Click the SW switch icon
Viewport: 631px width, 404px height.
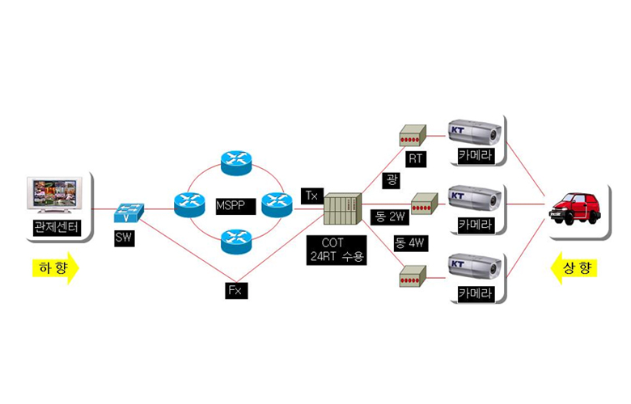point(128,212)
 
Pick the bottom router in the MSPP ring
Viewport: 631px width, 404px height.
point(236,238)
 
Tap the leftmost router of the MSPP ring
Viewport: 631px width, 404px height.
point(189,203)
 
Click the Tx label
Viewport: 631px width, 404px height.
point(311,195)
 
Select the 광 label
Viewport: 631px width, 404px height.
point(392,179)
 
